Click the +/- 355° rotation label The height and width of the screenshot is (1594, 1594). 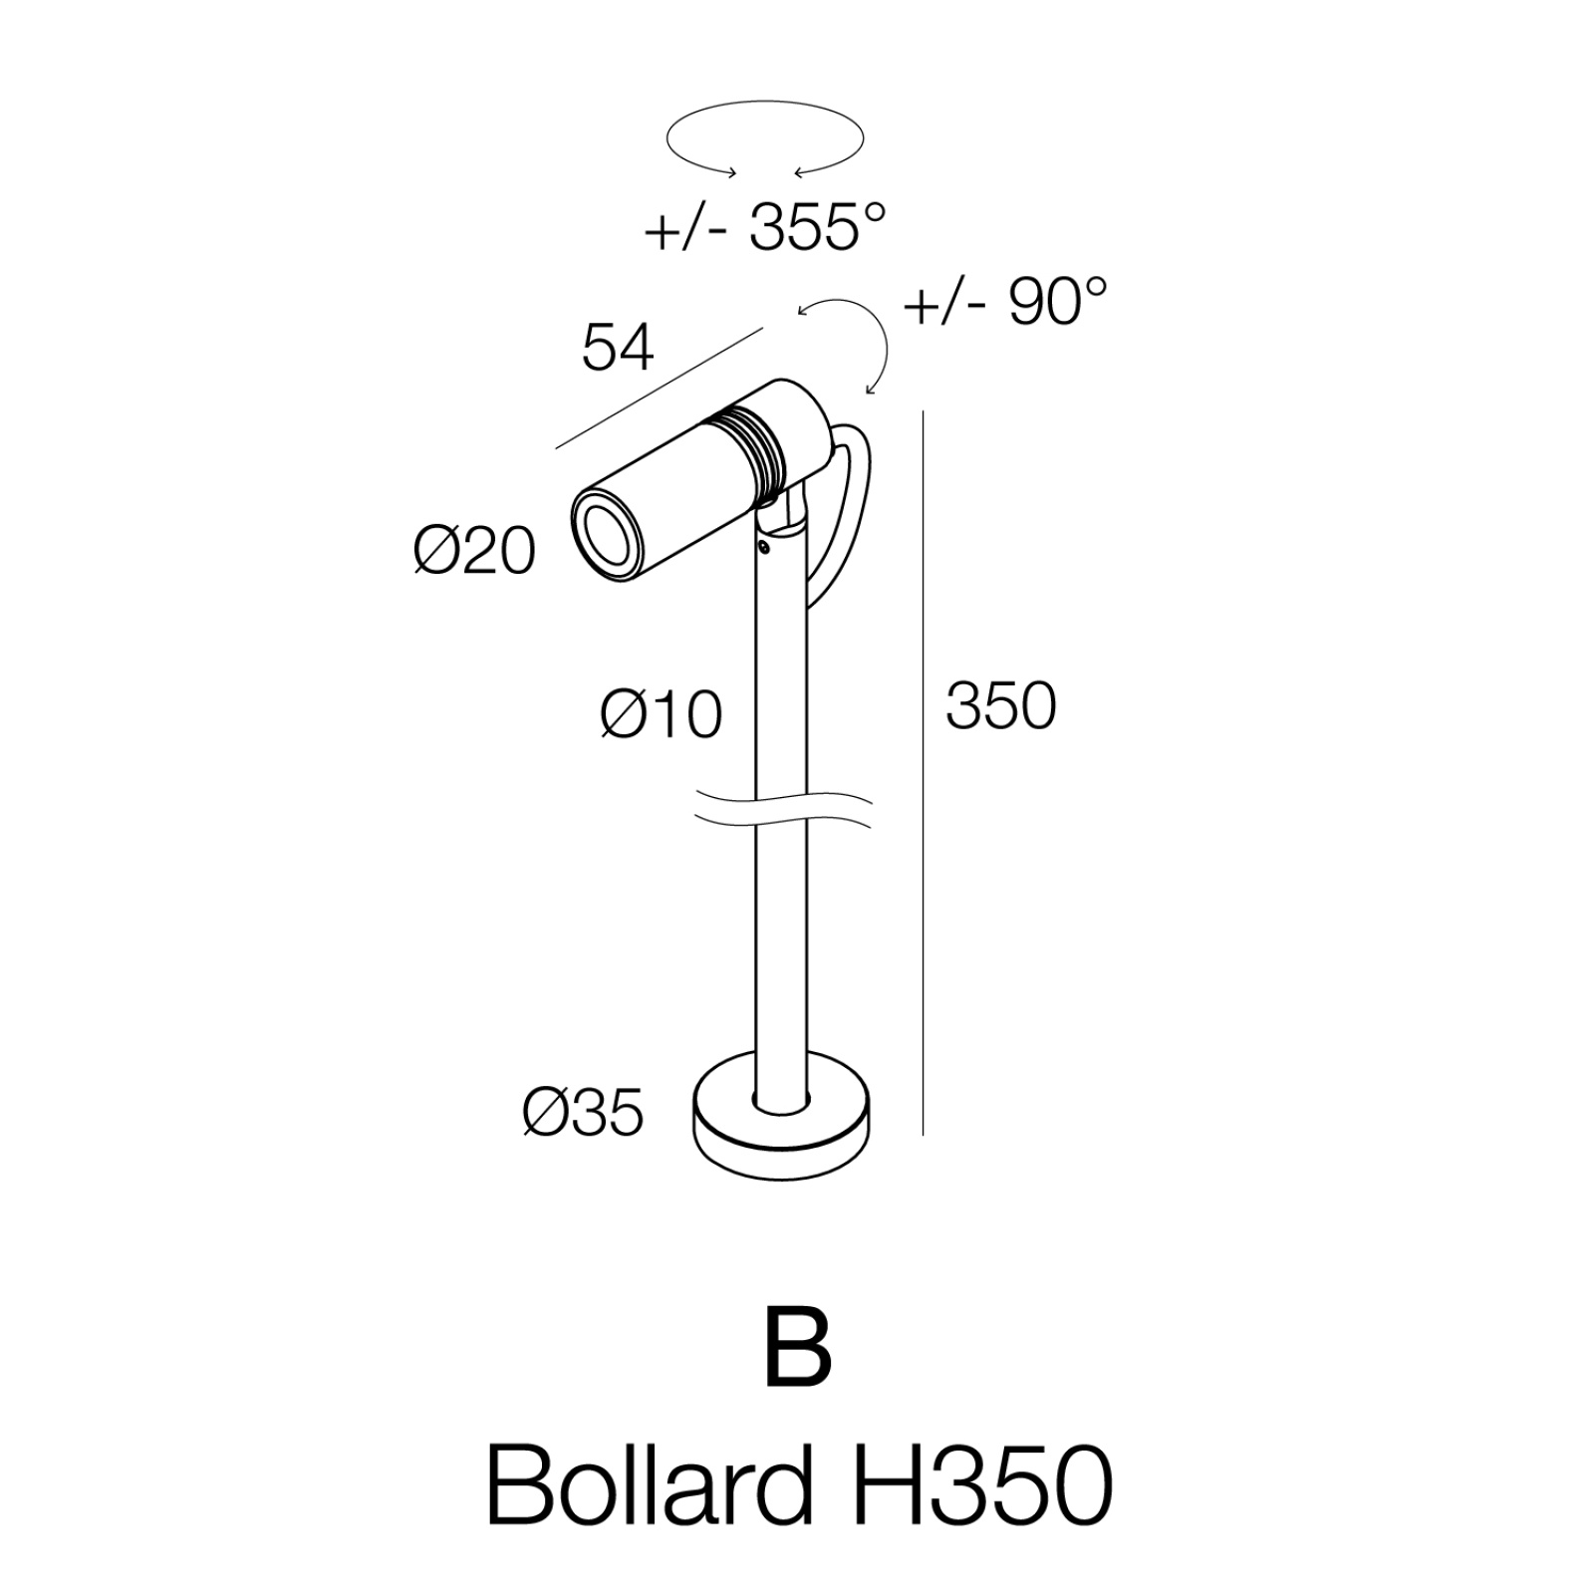[764, 228]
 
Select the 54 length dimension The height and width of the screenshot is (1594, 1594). [618, 348]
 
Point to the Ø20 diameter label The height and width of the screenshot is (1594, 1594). [474, 550]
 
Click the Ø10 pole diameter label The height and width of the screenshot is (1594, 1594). [662, 714]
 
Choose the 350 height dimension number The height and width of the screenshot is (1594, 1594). [1000, 706]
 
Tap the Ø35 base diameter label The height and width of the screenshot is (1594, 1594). [583, 1111]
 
